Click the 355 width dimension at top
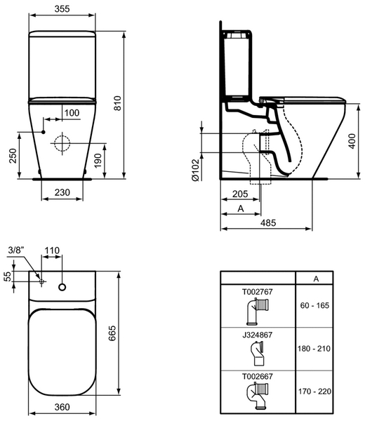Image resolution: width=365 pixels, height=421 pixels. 62,8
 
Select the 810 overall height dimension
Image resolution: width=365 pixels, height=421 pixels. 118,103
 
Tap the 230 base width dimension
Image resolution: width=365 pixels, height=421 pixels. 62,192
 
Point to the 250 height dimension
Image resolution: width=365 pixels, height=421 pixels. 13,156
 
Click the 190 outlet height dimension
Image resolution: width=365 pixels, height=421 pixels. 98,160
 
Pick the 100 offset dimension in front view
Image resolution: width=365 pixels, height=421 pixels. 72,113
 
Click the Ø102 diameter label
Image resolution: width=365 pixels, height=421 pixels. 196,170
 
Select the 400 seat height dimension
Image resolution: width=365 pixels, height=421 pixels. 352,141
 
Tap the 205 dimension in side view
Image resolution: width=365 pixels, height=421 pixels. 240,194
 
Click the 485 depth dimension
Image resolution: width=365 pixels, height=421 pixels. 268,222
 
